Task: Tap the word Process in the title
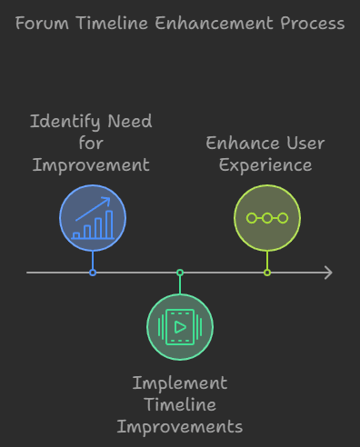[310, 24]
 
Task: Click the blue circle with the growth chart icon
[93, 219]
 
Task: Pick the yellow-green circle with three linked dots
[267, 219]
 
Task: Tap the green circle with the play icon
[180, 326]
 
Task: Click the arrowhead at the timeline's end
[327, 273]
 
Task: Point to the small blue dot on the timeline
[93, 273]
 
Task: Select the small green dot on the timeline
[180, 273]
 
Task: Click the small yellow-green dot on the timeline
[267, 273]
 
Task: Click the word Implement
[180, 382]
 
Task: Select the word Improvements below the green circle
[180, 426]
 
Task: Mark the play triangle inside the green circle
[181, 326]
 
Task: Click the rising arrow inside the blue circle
[95, 207]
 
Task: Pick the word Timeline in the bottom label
[180, 404]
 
